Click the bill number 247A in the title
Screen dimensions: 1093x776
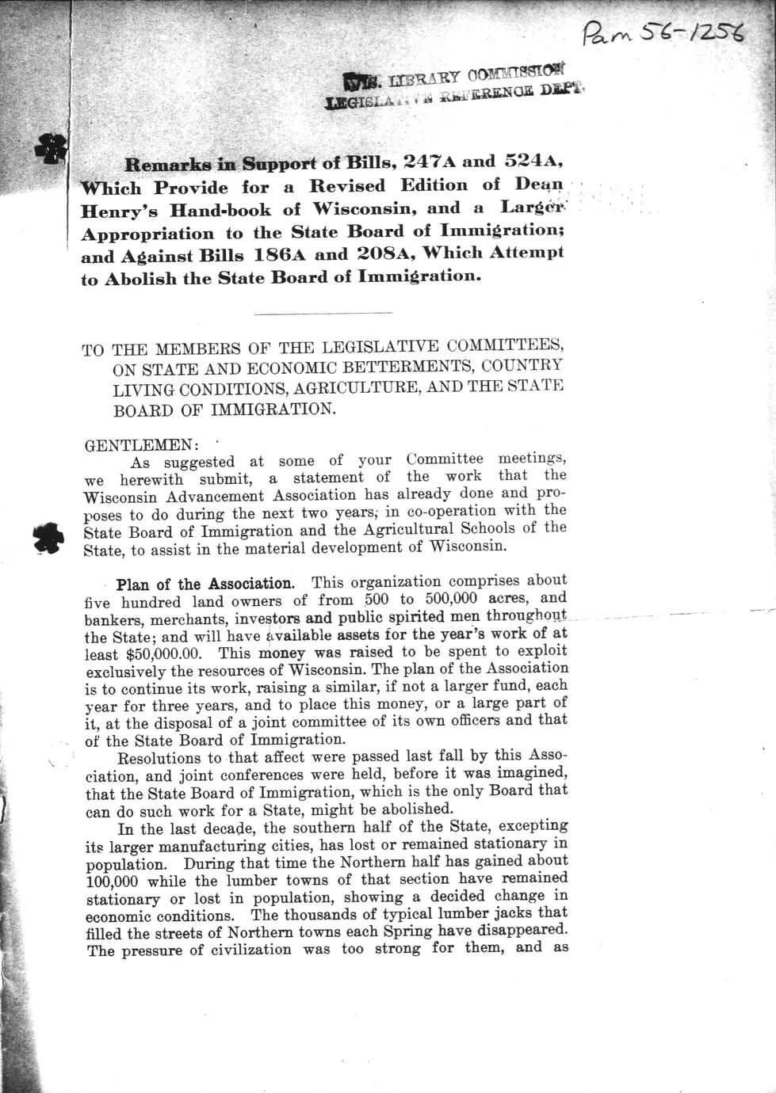[429, 161]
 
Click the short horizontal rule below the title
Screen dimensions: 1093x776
[323, 314]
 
